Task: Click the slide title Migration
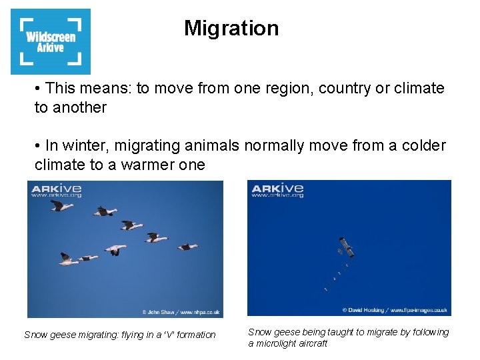point(231,28)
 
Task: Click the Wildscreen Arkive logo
point(51,41)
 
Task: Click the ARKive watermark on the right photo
point(277,190)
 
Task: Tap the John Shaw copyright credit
point(181,311)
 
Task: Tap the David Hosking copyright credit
point(395,310)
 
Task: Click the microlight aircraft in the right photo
point(345,247)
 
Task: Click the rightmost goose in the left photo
point(187,247)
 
